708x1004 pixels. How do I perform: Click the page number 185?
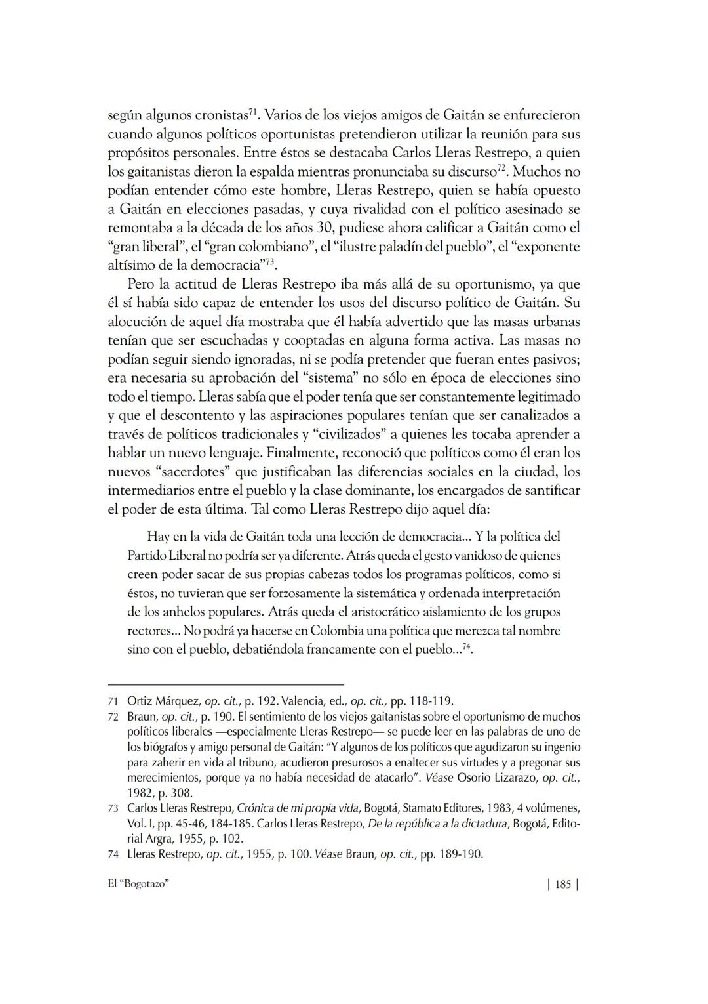pos(562,885)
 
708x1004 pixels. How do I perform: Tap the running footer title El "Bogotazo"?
pos(138,885)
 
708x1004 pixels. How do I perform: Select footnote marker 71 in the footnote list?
pos(113,701)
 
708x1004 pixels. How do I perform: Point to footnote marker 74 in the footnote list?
pos(113,855)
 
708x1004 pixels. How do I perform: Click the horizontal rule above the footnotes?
pos(226,684)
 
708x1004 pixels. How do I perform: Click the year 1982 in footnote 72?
pos(140,793)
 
